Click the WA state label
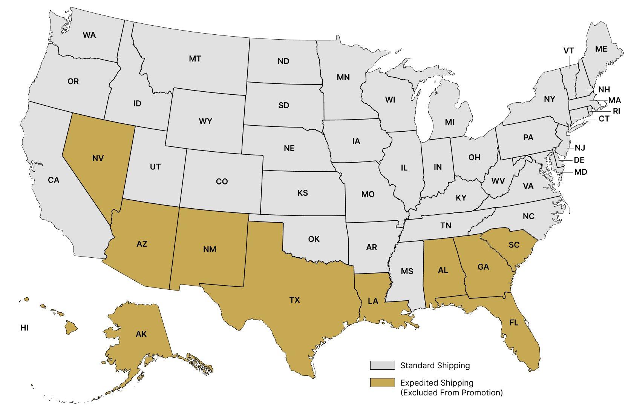point(89,35)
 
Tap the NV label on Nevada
point(98,158)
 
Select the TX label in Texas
point(294,300)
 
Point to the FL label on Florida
point(513,323)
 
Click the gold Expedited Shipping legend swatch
point(382,383)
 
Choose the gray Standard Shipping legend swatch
point(382,365)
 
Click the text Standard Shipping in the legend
point(435,365)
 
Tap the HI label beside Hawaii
point(24,328)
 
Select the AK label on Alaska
point(141,334)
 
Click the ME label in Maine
point(601,49)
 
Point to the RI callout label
point(616,111)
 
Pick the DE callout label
point(579,160)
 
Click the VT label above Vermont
point(569,51)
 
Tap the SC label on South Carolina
point(514,245)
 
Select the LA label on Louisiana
point(373,301)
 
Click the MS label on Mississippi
point(407,271)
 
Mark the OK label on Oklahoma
point(314,239)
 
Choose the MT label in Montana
point(195,59)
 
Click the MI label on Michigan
point(449,122)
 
